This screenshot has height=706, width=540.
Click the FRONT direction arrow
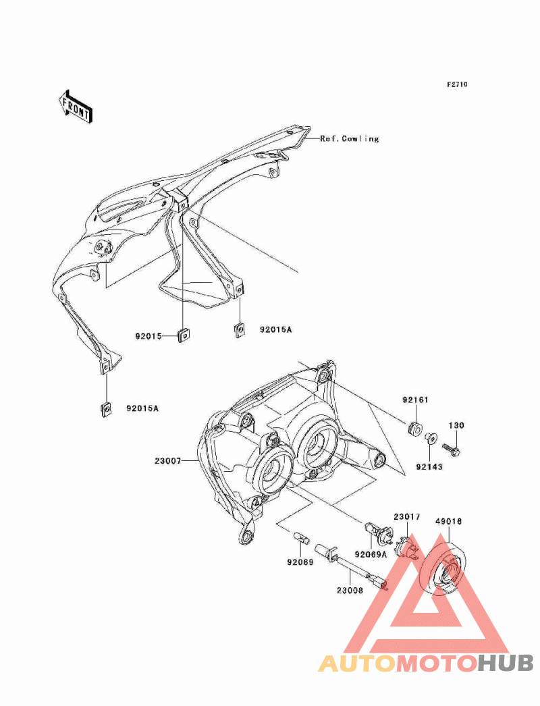click(75, 106)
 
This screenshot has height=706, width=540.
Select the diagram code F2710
click(457, 84)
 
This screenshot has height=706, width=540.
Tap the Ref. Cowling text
click(350, 138)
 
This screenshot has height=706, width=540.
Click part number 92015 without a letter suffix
click(148, 336)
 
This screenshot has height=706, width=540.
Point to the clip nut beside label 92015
click(183, 335)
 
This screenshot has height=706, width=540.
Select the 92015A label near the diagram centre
click(275, 329)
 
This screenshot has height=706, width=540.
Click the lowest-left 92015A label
click(142, 409)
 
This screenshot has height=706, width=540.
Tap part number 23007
click(167, 461)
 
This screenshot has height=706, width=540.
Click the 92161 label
click(415, 400)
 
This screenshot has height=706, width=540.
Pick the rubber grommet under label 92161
click(415, 428)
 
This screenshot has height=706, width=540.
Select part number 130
click(456, 425)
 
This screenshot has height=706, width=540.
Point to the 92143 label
click(429, 467)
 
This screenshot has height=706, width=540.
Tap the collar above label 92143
click(431, 437)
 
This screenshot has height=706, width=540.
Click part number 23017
click(407, 517)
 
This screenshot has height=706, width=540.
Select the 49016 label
click(448, 522)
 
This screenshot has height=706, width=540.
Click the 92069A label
click(371, 554)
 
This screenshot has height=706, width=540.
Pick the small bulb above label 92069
click(301, 538)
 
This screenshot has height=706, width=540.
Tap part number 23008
click(350, 591)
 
